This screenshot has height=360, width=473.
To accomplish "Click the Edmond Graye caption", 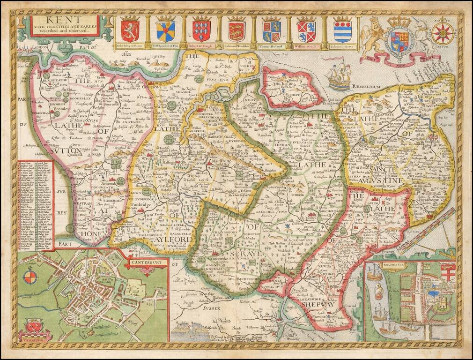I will pyautogui.click(x=342, y=46).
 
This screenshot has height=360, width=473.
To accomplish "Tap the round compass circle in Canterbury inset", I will pyautogui.click(x=30, y=277).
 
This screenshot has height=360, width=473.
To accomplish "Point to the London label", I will pyautogui.click(x=41, y=48).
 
